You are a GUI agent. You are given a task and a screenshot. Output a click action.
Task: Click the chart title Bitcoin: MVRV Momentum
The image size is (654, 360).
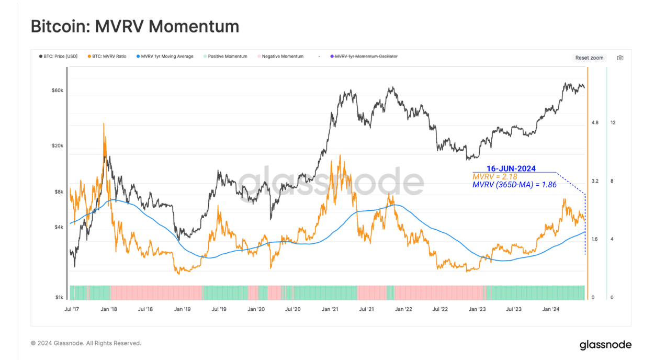tap(135, 26)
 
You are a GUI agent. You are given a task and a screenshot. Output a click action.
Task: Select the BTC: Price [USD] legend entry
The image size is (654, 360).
tap(59, 57)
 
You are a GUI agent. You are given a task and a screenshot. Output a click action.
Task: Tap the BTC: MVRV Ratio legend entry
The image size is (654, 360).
tap(107, 57)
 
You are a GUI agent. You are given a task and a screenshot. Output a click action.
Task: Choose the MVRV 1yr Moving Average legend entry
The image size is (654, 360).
tap(165, 57)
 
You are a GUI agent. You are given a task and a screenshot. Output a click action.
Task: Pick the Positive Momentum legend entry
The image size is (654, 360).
tap(225, 57)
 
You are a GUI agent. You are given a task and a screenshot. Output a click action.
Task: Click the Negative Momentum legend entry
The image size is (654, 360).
tap(280, 57)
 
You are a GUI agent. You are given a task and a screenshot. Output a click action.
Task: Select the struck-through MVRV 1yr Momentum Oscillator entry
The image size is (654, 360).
tap(364, 57)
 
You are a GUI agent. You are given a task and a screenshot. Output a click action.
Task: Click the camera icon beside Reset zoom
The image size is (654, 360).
tap(620, 58)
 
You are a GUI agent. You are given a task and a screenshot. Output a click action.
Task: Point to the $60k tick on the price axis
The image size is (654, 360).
tap(57, 91)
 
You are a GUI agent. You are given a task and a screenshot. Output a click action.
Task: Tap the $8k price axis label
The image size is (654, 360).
tap(59, 192)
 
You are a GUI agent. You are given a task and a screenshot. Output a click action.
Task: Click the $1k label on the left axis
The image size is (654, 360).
tap(59, 297)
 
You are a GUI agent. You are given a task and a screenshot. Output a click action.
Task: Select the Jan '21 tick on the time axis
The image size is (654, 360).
tap(330, 309)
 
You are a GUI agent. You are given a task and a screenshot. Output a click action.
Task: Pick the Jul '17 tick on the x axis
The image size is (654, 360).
tap(72, 309)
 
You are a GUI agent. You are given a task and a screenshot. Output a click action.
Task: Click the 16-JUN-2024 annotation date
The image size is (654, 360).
tap(511, 168)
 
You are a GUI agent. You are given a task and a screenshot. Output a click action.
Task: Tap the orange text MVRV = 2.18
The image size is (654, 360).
tap(495, 177)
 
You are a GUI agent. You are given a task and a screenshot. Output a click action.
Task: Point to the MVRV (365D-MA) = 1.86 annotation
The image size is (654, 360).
tap(514, 185)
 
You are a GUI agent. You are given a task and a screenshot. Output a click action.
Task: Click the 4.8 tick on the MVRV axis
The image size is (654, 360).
tap(595, 122)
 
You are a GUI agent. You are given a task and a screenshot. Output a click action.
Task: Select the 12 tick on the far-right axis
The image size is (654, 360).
tap(613, 122)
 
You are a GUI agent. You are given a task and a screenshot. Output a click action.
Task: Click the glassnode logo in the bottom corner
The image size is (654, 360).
tap(605, 345)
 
